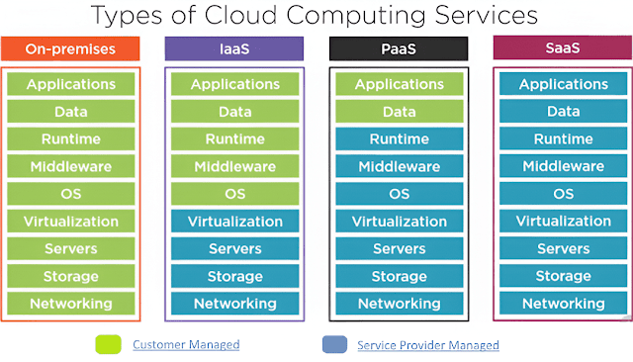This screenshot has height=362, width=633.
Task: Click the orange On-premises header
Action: point(71,47)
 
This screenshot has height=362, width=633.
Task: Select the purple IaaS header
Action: point(234,47)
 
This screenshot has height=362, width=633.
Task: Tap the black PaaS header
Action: point(399,47)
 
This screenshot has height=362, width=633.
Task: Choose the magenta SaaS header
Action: point(563,47)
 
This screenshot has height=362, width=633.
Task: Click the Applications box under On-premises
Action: point(71,85)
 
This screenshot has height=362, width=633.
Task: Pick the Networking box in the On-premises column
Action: point(71,304)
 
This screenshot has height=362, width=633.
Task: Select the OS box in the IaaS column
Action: point(234,194)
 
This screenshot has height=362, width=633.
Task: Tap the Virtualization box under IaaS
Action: point(234,222)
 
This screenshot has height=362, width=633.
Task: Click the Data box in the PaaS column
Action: point(399,112)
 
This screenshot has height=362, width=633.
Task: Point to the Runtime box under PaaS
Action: point(399,139)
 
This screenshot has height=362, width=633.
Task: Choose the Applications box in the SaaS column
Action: point(563,85)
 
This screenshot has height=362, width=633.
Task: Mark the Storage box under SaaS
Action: point(563,276)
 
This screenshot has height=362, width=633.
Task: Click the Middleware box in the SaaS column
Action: point(563,166)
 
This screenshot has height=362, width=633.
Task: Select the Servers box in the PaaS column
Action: point(399,249)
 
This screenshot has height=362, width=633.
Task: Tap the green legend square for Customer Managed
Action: point(107,344)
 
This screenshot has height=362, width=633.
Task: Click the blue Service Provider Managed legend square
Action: point(333,344)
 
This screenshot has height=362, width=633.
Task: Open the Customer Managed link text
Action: point(186,344)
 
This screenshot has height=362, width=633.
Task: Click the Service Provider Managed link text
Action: point(427,345)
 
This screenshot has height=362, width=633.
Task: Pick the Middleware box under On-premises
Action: point(71,166)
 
